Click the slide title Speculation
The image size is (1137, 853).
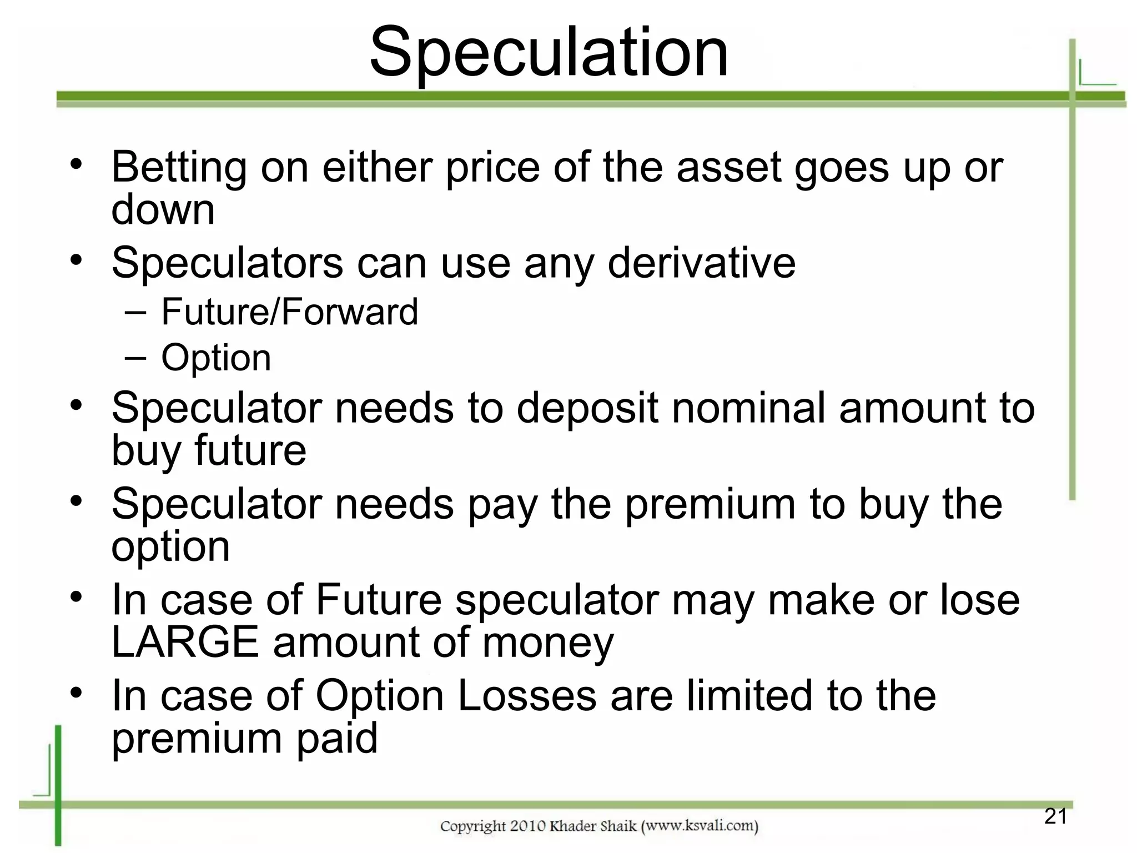click(549, 53)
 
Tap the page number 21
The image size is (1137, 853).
click(1055, 816)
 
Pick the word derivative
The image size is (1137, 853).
click(702, 263)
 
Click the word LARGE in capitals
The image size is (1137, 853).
click(185, 643)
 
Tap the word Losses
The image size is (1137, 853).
click(527, 696)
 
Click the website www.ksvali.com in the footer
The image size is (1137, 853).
click(700, 826)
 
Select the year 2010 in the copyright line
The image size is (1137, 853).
click(528, 826)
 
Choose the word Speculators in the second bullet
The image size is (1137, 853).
click(227, 263)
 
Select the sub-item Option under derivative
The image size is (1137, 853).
click(216, 358)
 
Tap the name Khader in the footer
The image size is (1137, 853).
click(575, 826)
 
